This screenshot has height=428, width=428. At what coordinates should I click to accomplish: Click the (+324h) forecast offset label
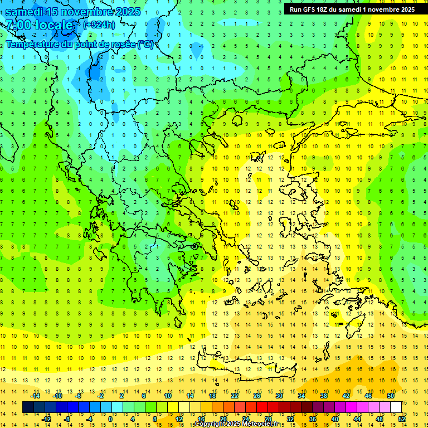coord(99,25)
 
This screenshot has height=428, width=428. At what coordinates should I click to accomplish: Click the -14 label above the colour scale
coord(35,396)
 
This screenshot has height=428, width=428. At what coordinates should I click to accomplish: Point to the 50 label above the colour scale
coord(390,396)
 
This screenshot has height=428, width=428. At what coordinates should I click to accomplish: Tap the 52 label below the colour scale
coord(401,419)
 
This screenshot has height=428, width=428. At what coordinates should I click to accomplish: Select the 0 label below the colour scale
coord(110,419)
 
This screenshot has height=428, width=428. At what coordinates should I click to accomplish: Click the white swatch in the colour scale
coord(396,407)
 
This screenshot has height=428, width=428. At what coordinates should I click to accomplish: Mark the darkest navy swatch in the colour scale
coord(28,407)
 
